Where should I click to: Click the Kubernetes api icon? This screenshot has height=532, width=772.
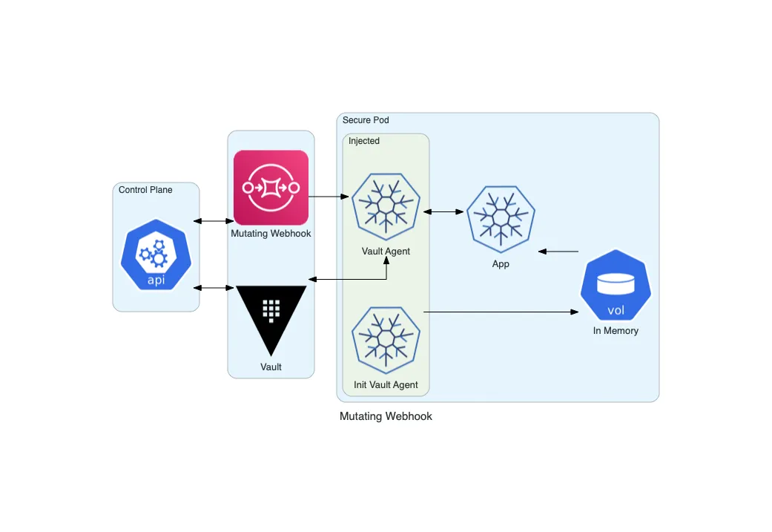(156, 254)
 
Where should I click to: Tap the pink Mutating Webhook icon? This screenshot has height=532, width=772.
(271, 188)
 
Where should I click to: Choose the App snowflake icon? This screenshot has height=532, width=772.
(501, 216)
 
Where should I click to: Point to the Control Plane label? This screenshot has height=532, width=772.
(145, 190)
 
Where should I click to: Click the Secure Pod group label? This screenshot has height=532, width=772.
(366, 120)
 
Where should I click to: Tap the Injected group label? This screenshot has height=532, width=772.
(364, 141)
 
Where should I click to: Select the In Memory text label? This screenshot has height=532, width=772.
(616, 331)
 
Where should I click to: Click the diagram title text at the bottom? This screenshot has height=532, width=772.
(386, 416)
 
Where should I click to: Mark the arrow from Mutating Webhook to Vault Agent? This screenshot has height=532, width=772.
(329, 197)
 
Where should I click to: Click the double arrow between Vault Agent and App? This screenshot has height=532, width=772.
(443, 212)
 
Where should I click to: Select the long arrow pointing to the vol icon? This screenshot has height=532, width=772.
(501, 313)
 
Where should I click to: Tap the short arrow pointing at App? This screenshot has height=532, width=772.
(558, 252)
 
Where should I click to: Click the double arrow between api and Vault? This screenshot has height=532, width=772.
(214, 287)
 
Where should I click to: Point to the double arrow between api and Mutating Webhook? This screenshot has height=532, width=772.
(214, 221)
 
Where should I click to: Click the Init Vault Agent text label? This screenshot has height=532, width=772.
(386, 385)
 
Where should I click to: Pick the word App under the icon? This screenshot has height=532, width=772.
(501, 264)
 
